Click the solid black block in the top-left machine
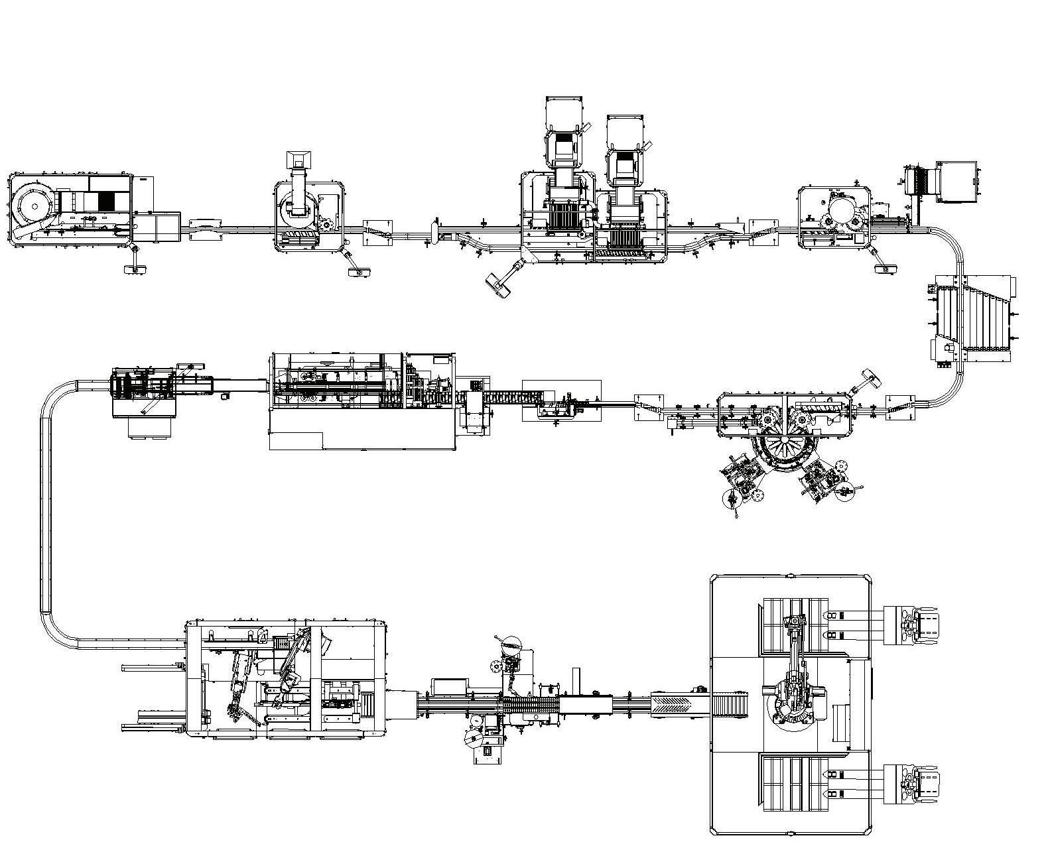point(107,202)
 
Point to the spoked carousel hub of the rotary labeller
point(785,440)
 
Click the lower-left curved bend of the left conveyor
point(56,630)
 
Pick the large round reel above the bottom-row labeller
point(511,643)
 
